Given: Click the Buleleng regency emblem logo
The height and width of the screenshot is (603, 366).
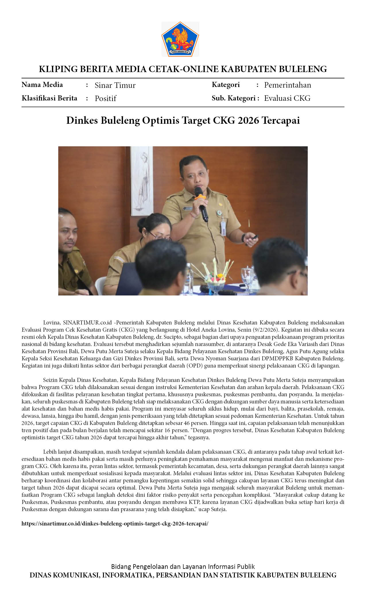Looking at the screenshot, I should click(180, 39).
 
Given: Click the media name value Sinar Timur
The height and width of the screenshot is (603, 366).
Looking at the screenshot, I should click(115, 85).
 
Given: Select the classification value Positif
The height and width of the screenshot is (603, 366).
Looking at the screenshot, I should click(105, 98).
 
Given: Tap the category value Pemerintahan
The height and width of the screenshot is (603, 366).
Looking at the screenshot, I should click(287, 85).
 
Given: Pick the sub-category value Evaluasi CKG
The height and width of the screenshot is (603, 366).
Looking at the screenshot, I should click(287, 98).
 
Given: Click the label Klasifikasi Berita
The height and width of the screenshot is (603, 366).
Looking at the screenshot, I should click(49, 98).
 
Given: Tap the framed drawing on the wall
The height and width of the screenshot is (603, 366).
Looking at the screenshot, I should click(142, 181).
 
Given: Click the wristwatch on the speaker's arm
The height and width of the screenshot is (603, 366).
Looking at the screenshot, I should click(243, 238).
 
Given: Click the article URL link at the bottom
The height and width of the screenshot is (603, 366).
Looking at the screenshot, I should click(115, 523).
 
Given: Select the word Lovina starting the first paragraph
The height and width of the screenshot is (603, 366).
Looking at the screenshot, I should click(51, 322).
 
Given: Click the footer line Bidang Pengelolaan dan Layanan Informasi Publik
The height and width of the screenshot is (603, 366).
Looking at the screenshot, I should click(183, 567).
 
